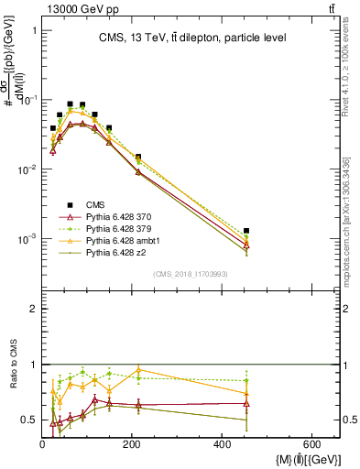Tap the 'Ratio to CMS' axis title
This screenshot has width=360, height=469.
12,377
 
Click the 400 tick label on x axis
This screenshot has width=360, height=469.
221,444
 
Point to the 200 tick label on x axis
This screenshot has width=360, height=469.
132,444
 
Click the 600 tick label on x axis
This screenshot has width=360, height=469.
310,444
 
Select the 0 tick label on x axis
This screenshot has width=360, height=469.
42,444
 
